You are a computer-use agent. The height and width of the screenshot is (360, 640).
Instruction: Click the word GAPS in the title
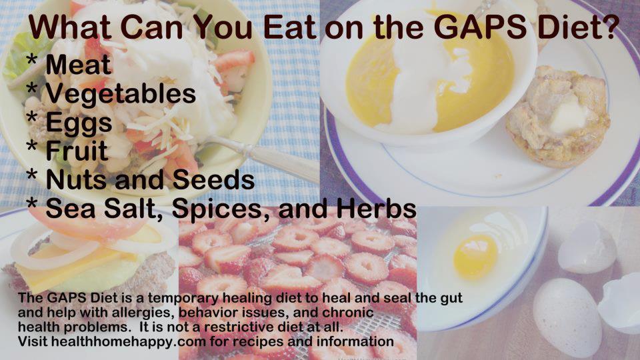click(479, 27)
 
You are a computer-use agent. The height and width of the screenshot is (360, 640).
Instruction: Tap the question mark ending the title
click(612, 27)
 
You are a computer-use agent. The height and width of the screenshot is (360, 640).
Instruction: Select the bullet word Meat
click(78, 65)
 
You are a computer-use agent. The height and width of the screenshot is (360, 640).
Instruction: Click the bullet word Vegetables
click(121, 94)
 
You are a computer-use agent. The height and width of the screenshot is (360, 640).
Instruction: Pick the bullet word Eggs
click(79, 123)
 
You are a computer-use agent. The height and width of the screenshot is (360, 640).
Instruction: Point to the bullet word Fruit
click(77, 151)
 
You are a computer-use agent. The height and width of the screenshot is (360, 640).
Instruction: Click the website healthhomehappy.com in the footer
click(128, 341)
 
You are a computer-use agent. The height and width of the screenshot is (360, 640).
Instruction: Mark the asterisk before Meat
click(31, 61)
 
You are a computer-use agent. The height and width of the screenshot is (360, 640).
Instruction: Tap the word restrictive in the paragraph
click(235, 327)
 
